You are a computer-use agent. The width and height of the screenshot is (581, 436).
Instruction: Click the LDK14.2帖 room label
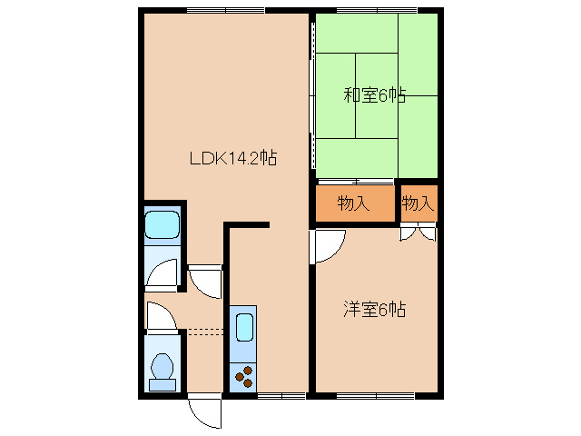pyautogui.click(x=232, y=158)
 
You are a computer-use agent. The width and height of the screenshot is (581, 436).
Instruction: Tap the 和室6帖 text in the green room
pyautogui.click(x=374, y=94)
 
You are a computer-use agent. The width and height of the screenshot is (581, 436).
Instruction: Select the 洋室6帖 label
pyautogui.click(x=374, y=310)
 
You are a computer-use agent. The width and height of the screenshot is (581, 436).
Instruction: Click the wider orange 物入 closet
pyautogui.click(x=353, y=203)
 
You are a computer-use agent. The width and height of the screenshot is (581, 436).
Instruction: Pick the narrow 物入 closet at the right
pyautogui.click(x=418, y=203)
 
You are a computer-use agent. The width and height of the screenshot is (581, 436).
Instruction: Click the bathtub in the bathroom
pyautogui.click(x=163, y=223)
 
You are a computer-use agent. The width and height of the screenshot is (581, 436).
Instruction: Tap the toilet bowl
pyautogui.click(x=163, y=369)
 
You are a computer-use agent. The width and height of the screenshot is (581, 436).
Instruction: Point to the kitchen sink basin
pyautogui.click(x=244, y=327)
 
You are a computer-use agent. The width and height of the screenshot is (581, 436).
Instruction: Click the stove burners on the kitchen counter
pyautogui.click(x=244, y=374)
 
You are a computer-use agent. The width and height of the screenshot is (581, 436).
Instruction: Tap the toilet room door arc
pyautogui.click(x=160, y=317)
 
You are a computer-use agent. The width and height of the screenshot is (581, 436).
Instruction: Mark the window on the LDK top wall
pyautogui.click(x=226, y=11)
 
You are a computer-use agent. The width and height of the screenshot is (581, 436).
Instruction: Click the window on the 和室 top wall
pyautogui.click(x=377, y=11)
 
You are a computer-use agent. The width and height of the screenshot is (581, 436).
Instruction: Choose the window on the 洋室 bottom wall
pyautogui.click(x=375, y=395)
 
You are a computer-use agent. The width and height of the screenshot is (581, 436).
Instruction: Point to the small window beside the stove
pyautogui.click(x=281, y=395)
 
